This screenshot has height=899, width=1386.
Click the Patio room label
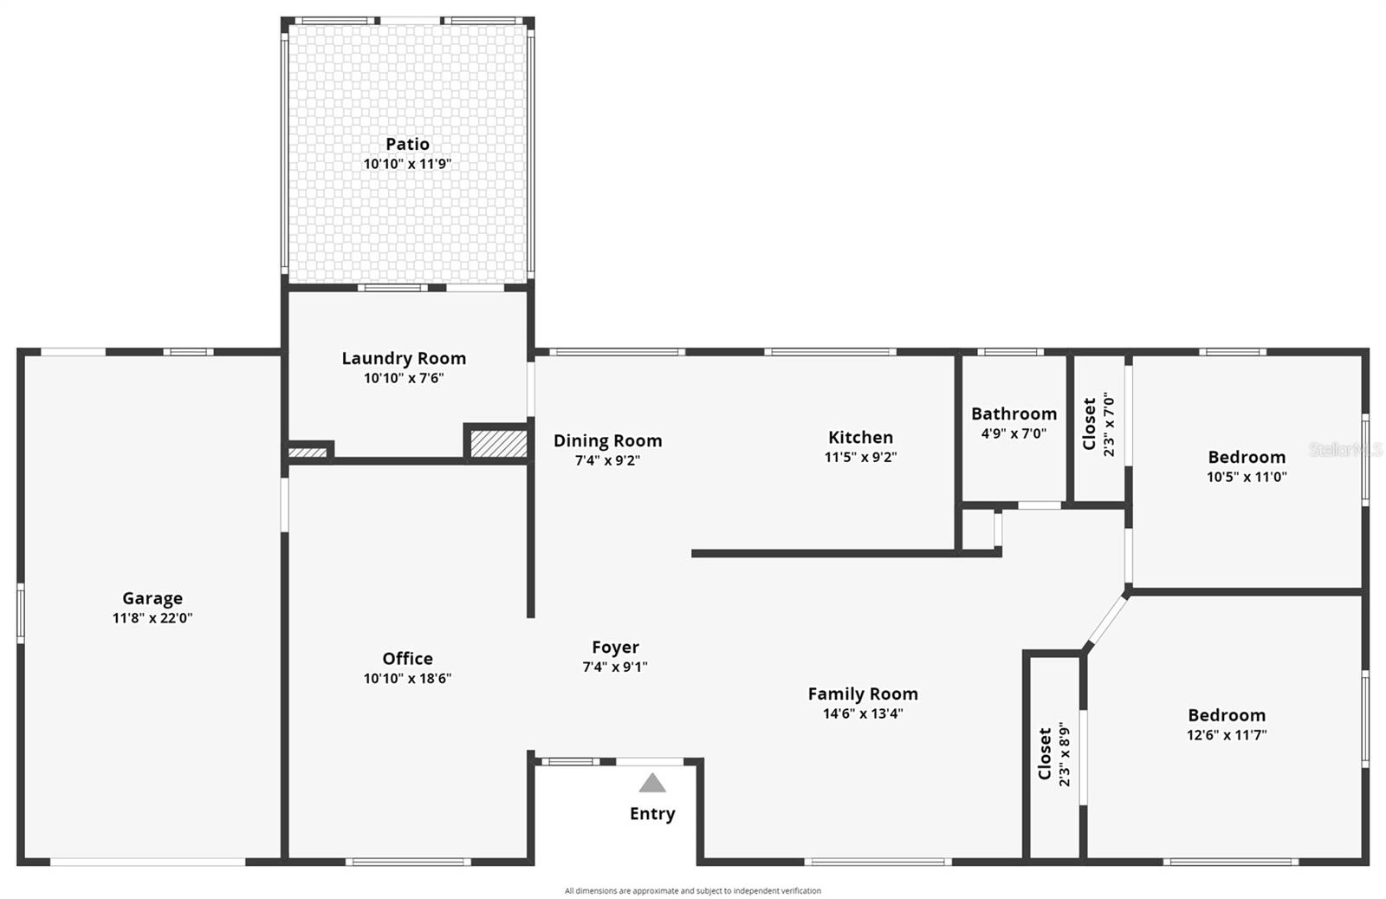tap(407, 144)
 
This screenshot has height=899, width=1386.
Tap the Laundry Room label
tap(404, 358)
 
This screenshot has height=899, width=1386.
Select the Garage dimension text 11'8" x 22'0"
tap(152, 618)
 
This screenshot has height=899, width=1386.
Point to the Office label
tap(407, 659)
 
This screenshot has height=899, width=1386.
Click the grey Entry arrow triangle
tap(652, 784)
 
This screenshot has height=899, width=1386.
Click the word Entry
tap(652, 814)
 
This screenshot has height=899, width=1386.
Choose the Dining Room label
tap(607, 440)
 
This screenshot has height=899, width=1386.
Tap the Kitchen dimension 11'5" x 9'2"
tap(860, 457)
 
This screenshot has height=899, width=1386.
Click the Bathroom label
tap(1014, 414)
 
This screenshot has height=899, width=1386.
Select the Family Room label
tap(863, 694)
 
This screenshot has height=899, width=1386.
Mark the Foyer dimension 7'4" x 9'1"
tap(615, 667)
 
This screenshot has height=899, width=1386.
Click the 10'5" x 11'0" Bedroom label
tap(1247, 457)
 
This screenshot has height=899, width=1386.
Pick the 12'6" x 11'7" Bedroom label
tap(1227, 715)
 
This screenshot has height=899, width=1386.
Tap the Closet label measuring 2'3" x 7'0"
tap(1089, 424)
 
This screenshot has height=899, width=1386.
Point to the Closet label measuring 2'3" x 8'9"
tap(1045, 753)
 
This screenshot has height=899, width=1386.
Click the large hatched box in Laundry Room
tap(498, 444)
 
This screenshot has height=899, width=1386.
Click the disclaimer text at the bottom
tap(693, 890)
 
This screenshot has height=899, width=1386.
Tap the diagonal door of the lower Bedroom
tap(1106, 621)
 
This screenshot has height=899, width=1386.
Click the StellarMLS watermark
tap(1345, 449)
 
